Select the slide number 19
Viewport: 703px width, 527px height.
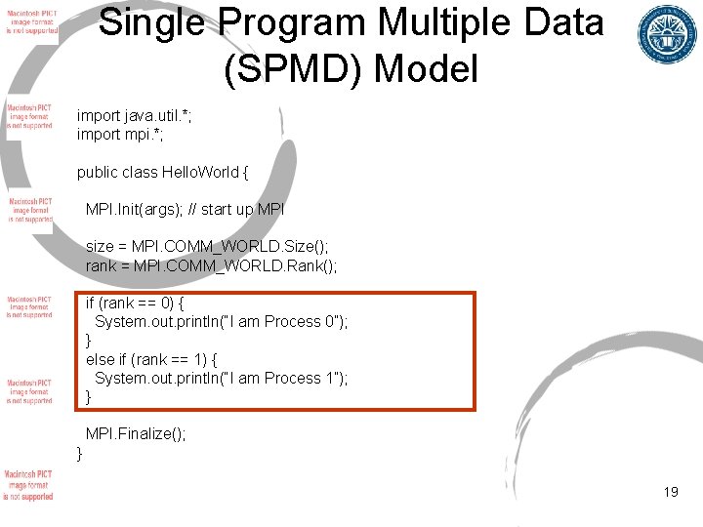[670, 492]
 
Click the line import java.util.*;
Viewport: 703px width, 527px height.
[135, 116]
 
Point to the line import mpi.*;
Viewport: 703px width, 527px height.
[121, 135]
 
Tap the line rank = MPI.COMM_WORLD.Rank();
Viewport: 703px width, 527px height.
[211, 266]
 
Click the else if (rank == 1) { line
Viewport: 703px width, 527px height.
[151, 359]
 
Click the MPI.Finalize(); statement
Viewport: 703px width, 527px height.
[135, 434]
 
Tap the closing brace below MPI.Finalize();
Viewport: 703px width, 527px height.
[80, 453]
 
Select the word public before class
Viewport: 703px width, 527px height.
[98, 173]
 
